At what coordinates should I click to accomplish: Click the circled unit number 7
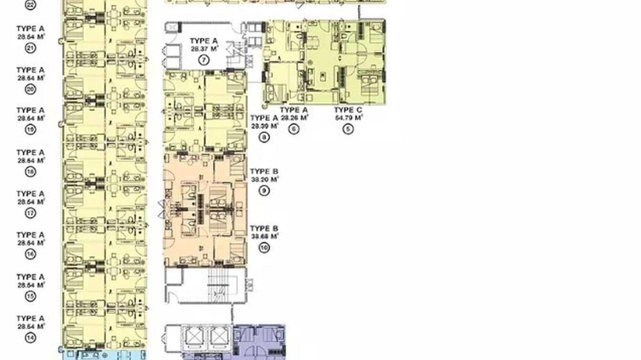(204, 60)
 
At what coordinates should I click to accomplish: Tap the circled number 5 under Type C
(348, 128)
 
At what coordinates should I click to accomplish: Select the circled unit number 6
(293, 128)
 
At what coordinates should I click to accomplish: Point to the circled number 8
(264, 138)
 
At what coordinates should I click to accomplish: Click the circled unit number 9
(264, 191)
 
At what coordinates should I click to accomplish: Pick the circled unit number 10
(264, 247)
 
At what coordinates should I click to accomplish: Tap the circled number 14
(31, 337)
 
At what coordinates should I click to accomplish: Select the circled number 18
(31, 171)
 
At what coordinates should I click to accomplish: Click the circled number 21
(31, 48)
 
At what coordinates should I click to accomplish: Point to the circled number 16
(31, 254)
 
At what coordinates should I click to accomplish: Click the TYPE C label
(348, 110)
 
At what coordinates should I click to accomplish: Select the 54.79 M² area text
(348, 117)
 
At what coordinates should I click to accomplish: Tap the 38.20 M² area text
(264, 180)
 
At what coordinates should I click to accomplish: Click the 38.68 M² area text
(264, 236)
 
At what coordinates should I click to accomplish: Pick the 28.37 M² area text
(204, 49)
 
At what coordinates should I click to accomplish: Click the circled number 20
(31, 89)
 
